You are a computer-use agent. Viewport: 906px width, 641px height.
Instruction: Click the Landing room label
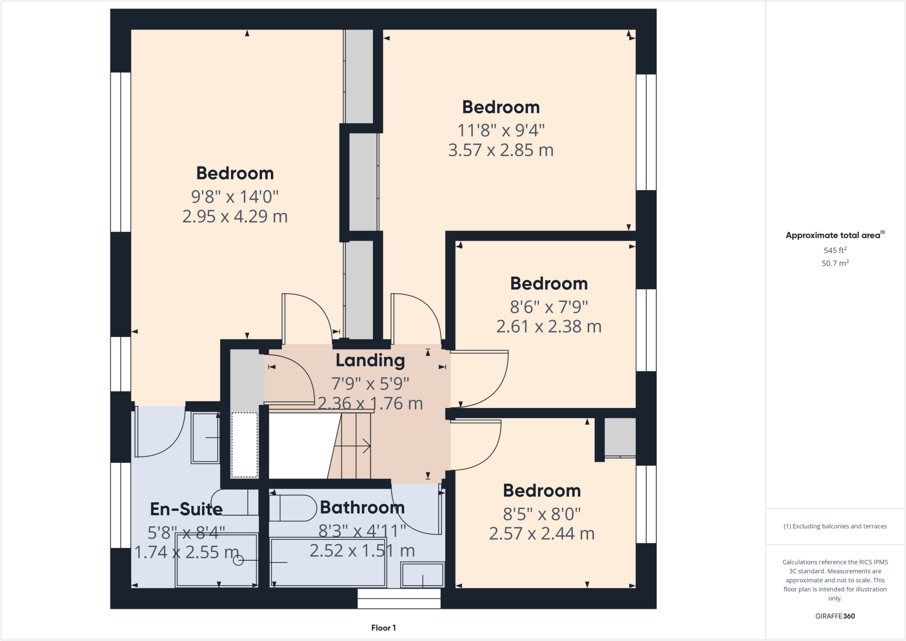point(370,361)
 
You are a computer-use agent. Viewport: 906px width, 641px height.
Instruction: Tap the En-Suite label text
point(186,509)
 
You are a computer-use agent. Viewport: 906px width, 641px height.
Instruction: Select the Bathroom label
point(362,507)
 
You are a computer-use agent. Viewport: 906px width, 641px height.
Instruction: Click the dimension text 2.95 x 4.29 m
point(235,216)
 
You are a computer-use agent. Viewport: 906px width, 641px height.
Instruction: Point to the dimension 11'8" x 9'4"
point(501,131)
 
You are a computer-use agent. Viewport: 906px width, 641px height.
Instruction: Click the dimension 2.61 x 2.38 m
point(549,326)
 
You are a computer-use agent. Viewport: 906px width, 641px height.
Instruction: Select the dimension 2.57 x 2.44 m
point(541,534)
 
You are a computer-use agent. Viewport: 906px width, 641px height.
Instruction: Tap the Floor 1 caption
point(384,628)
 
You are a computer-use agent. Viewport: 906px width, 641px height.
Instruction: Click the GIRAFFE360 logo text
point(835,616)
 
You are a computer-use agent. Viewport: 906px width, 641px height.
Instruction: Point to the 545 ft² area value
point(835,250)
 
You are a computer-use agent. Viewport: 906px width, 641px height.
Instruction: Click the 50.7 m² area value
point(835,263)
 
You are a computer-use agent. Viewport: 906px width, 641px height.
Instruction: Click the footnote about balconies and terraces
point(835,526)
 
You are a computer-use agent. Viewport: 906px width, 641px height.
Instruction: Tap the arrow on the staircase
point(354,446)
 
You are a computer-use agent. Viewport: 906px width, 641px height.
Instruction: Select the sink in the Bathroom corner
point(422,575)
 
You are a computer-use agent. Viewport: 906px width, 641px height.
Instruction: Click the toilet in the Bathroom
point(292,508)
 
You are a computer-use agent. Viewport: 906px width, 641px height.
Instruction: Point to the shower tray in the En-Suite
point(216,560)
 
